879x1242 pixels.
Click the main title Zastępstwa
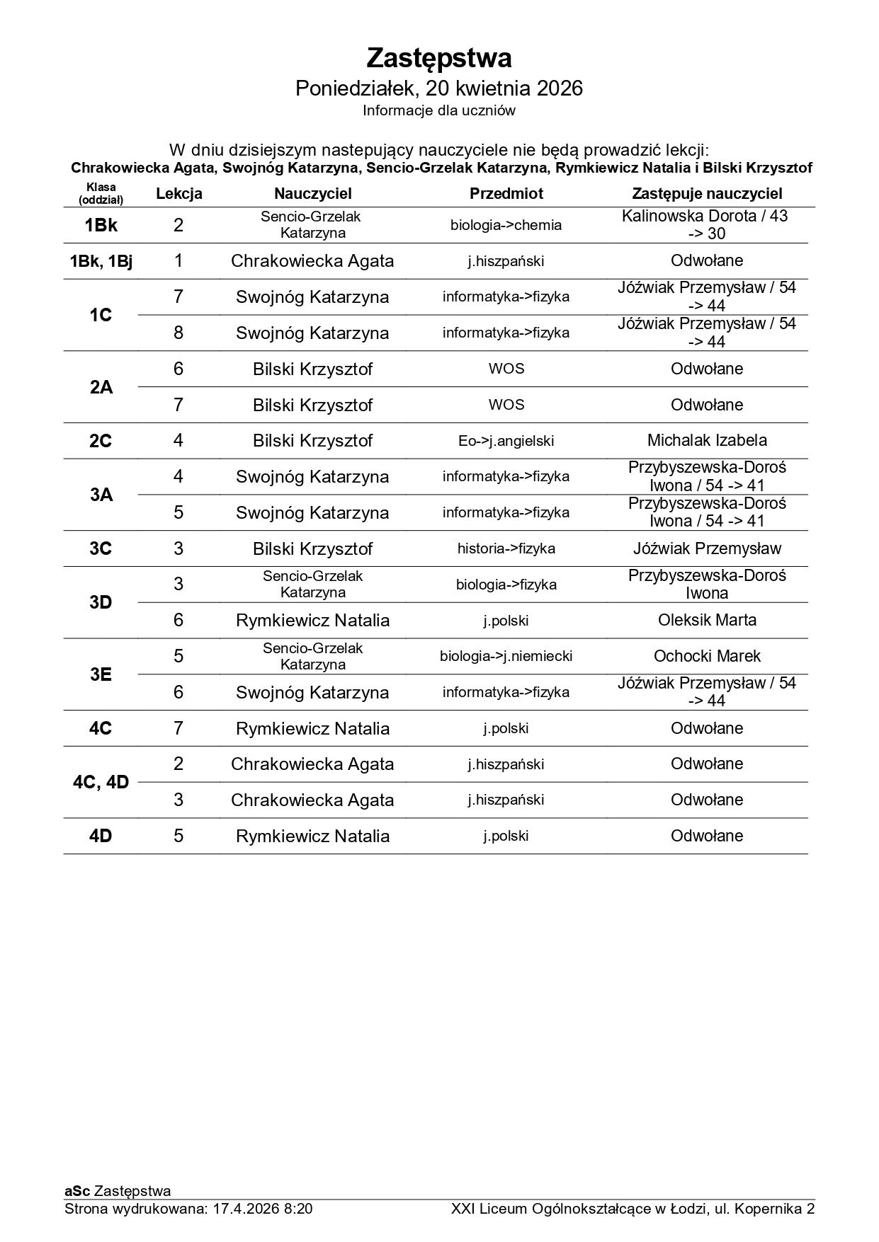click(439, 58)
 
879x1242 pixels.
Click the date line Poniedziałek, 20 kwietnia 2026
click(439, 88)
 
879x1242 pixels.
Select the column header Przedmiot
click(506, 194)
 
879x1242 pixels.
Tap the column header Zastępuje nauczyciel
click(707, 194)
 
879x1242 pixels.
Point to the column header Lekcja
click(179, 194)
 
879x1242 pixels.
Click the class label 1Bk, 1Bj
click(101, 261)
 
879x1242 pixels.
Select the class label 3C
click(101, 548)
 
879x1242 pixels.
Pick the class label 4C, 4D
click(101, 782)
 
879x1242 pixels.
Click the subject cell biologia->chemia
click(506, 225)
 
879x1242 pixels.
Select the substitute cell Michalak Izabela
click(707, 440)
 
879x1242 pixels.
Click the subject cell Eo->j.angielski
click(506, 441)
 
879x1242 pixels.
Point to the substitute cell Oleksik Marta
click(707, 620)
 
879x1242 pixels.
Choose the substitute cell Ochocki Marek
click(707, 656)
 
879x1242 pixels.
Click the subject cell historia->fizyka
click(506, 548)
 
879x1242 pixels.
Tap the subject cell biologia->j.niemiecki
click(506, 656)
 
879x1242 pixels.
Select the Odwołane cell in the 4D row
click(707, 836)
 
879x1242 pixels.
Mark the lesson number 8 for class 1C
click(178, 333)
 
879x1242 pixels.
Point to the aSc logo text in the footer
click(77, 1191)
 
